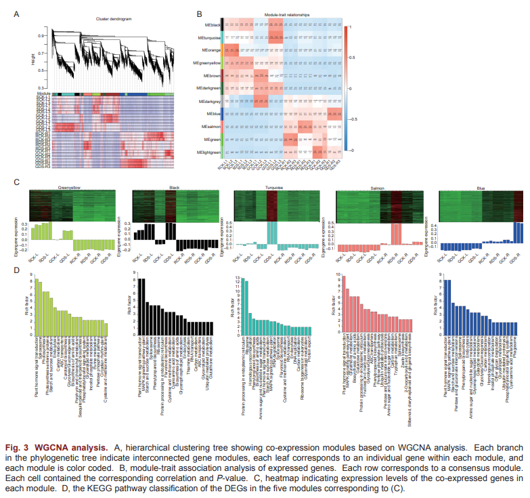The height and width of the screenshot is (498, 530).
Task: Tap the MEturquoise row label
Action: pyautogui.click(x=206, y=37)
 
